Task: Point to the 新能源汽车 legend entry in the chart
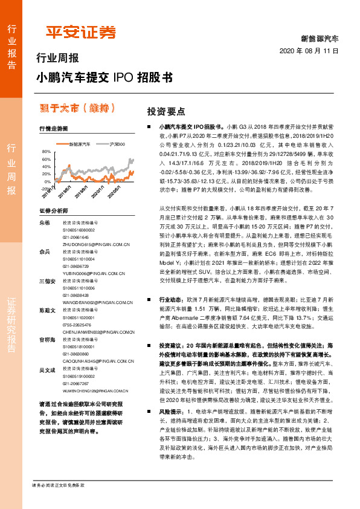coord(78,144)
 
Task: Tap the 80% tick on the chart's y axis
coord(47,151)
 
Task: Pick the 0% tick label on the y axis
coord(48,181)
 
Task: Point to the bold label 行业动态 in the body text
coord(169,299)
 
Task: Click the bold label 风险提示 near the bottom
coord(169,427)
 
